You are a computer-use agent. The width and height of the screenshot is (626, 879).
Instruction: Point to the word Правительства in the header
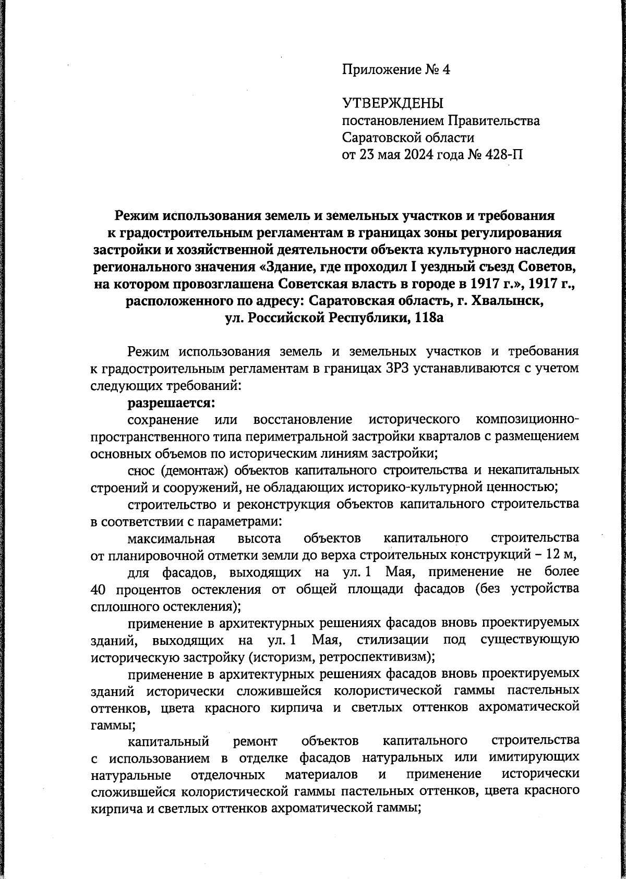click(x=493, y=121)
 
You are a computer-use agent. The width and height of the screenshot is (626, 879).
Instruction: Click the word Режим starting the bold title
click(x=137, y=215)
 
